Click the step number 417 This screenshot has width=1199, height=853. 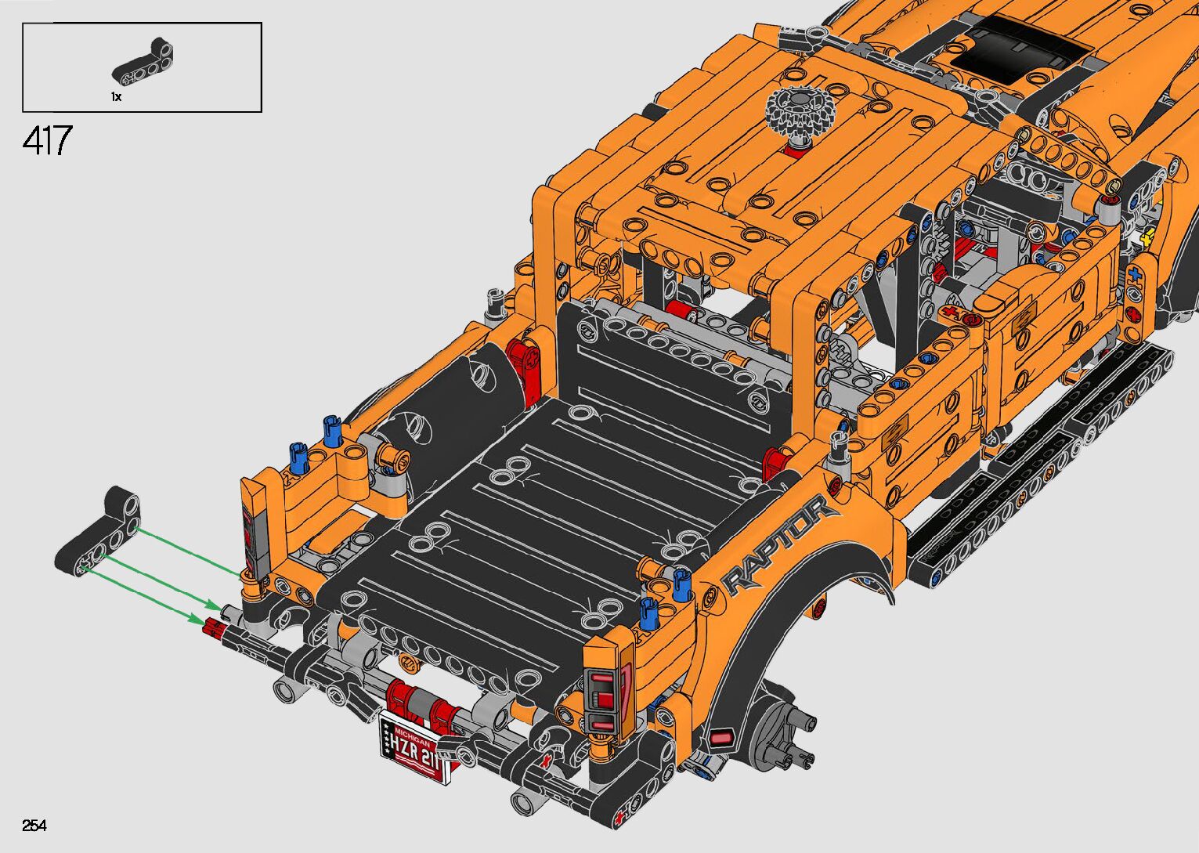pos(47,140)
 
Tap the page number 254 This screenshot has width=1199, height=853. pos(34,825)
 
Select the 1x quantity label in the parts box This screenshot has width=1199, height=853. pos(116,97)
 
